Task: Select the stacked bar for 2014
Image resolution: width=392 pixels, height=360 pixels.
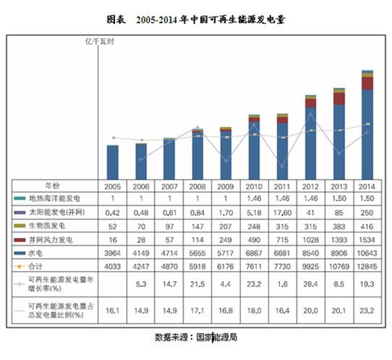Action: point(367,126)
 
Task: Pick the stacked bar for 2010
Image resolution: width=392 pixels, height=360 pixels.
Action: point(254,148)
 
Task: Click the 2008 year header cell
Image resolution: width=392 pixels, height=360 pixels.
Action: point(197,187)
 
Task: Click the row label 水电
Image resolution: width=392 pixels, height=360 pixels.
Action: point(38,253)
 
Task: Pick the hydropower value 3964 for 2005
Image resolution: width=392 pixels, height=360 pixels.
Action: point(113,253)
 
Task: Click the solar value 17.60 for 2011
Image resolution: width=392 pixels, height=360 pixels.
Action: point(282,213)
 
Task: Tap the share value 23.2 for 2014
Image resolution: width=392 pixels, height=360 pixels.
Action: point(367,311)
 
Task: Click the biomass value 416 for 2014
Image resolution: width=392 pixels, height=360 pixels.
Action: point(367,225)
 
